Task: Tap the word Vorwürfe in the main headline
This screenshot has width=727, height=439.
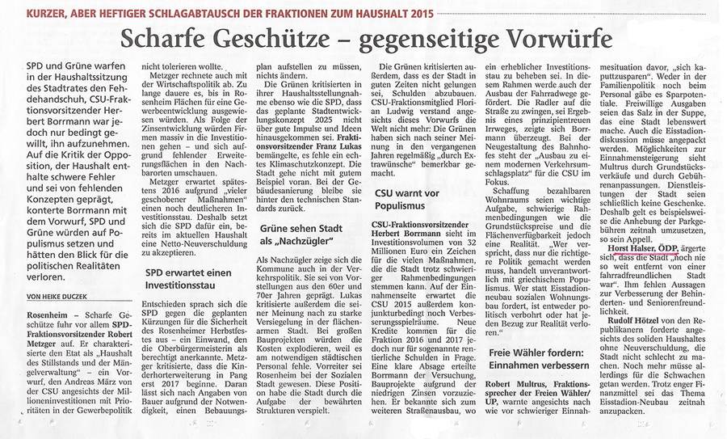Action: click(x=546, y=38)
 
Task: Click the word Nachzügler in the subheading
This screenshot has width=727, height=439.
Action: click(x=296, y=239)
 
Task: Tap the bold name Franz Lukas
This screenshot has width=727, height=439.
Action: click(x=328, y=139)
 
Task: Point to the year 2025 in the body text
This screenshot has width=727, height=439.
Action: click(x=334, y=82)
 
